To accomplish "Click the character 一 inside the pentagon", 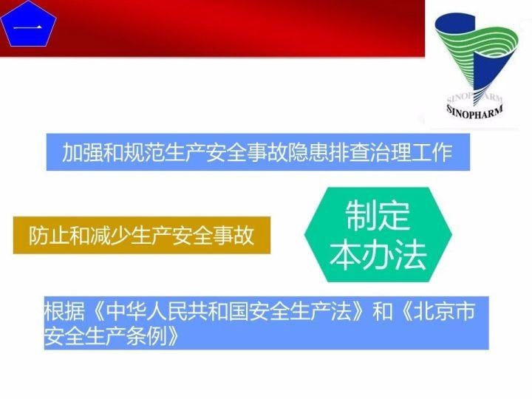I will tap(30, 30).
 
